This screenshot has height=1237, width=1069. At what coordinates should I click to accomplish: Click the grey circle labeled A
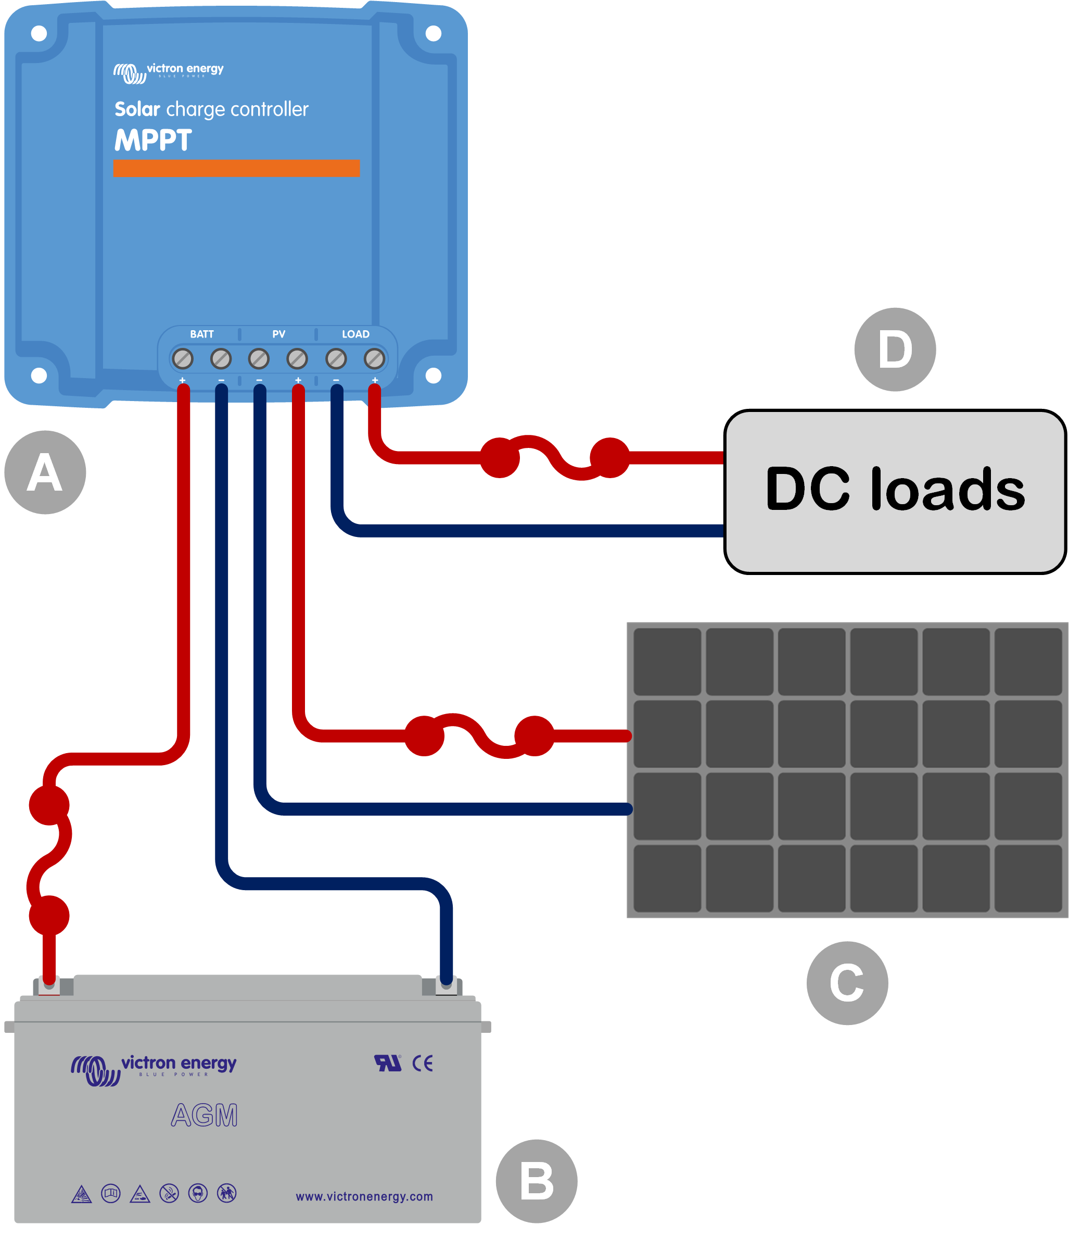(45, 472)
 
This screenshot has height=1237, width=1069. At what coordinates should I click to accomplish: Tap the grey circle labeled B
(536, 1181)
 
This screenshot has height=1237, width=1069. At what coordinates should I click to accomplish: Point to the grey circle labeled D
(894, 349)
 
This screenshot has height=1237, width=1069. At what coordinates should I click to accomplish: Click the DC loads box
(894, 491)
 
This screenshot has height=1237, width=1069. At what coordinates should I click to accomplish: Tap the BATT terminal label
(201, 334)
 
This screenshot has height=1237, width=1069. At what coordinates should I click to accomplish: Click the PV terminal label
(278, 334)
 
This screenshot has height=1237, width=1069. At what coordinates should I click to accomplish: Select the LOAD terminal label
(355, 334)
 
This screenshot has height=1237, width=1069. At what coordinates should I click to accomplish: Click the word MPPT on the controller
(154, 141)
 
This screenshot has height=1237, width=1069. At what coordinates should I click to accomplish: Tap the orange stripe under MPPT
(236, 168)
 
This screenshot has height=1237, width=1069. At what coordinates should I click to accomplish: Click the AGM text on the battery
(205, 1115)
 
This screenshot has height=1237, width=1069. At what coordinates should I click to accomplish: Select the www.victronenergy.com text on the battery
(364, 1196)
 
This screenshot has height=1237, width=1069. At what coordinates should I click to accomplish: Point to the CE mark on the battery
(423, 1063)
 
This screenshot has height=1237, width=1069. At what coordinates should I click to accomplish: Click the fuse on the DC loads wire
(555, 458)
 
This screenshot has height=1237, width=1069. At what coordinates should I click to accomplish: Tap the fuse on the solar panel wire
(479, 736)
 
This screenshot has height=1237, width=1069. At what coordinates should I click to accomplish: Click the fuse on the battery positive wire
(49, 860)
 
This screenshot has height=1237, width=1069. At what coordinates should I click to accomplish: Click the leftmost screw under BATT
(183, 359)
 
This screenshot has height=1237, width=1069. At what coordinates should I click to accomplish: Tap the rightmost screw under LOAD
(374, 359)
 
